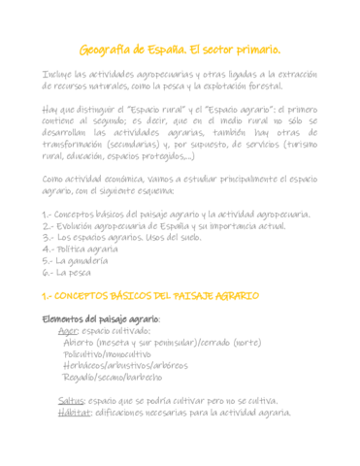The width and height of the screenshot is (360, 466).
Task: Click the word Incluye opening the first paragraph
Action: (x=59, y=74)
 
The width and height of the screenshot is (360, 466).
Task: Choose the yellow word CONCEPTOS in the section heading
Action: (x=92, y=295)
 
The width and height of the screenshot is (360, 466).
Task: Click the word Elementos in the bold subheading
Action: (x=63, y=318)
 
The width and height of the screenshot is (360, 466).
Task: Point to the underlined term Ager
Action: (x=68, y=330)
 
